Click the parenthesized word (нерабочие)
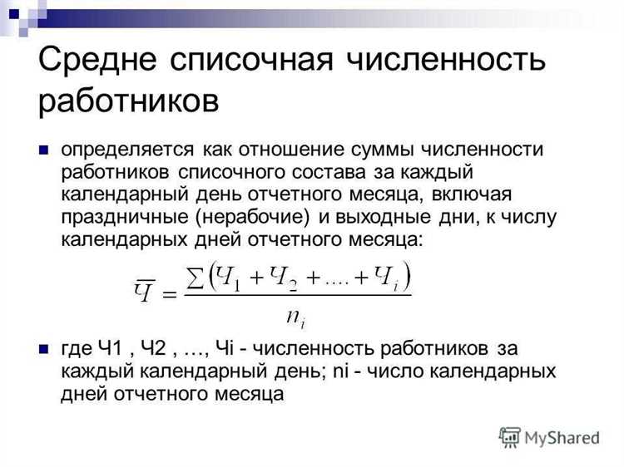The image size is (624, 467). click(x=250, y=217)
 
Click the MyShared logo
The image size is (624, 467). click(x=549, y=436)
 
